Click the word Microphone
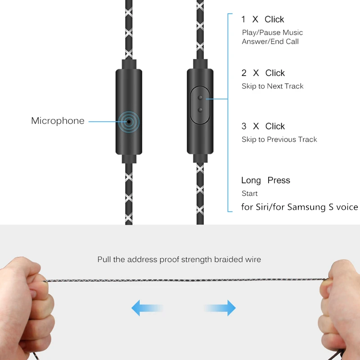pyautogui.click(x=58, y=121)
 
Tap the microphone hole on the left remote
pyautogui.click(x=129, y=121)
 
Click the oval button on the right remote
pyautogui.click(x=199, y=104)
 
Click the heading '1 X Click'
pyautogui.click(x=262, y=19)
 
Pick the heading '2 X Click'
pyautogui.click(x=263, y=73)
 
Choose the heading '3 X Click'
pyautogui.click(x=263, y=126)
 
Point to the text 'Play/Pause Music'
pyautogui.click(x=272, y=32)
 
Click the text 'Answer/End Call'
pyautogui.click(x=270, y=41)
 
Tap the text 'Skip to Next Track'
pyautogui.click(x=272, y=86)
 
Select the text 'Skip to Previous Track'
pyautogui.click(x=279, y=139)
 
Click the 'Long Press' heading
pyautogui.click(x=265, y=180)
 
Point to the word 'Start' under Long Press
pyautogui.click(x=249, y=193)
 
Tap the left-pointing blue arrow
pyautogui.click(x=147, y=308)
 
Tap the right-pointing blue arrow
pyautogui.click(x=220, y=308)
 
